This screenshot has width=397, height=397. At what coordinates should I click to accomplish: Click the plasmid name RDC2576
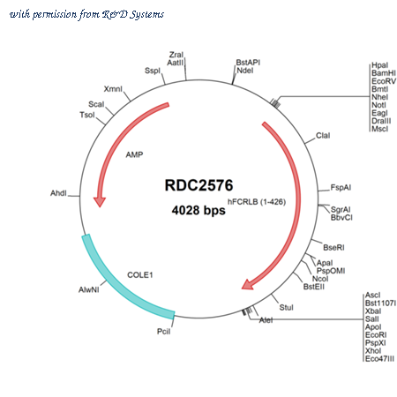point(198,185)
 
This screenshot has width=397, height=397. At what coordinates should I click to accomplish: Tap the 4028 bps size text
point(198,210)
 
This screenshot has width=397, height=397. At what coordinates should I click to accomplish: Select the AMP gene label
point(134,154)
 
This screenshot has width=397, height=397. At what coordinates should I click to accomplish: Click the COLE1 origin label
point(140,275)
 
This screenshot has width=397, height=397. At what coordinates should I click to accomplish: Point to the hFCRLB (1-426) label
point(257,202)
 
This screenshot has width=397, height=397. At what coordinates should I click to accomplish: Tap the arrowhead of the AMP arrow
point(100,202)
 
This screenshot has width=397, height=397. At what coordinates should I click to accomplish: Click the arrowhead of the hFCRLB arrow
point(248,285)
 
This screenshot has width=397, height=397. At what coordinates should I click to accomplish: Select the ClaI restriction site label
point(323,136)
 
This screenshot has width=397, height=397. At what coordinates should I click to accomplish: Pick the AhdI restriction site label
point(58,193)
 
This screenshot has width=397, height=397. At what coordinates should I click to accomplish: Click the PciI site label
point(163,332)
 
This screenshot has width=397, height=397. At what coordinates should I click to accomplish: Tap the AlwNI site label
point(89,290)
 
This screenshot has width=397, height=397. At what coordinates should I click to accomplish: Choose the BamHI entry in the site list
point(384,73)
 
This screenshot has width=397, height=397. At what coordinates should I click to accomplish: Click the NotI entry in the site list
point(378,105)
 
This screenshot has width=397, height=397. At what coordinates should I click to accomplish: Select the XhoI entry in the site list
point(373,351)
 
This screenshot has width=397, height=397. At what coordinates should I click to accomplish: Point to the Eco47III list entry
point(379,359)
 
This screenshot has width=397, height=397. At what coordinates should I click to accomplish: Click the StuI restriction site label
point(286,308)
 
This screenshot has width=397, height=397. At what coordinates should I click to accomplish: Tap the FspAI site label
point(341,188)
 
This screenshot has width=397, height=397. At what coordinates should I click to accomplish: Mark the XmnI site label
point(113,89)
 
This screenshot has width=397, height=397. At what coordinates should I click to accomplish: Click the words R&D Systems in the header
point(133,14)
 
